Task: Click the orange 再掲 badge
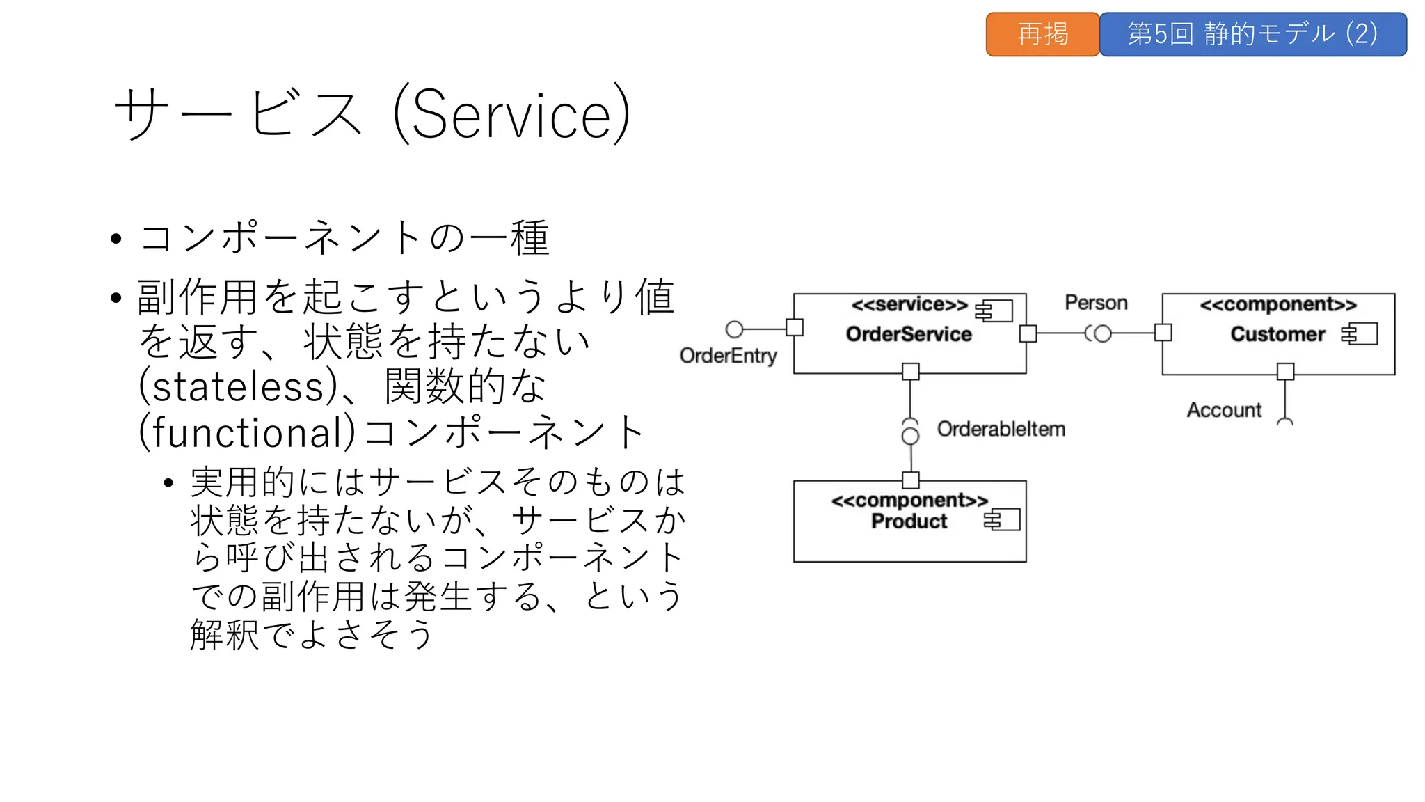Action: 1042,34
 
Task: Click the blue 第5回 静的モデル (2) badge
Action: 1252,34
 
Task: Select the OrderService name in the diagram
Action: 909,334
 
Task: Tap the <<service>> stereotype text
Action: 909,305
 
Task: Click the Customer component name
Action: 1277,334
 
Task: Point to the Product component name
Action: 909,521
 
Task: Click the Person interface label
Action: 1096,303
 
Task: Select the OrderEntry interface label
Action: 728,356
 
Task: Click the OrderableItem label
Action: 1001,429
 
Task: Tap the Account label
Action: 1224,410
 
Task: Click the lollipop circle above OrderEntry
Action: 734,329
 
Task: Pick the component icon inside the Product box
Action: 1002,519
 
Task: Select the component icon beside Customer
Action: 1360,334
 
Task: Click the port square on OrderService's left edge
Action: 795,327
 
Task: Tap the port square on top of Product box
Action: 910,480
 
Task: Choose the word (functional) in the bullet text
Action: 246,432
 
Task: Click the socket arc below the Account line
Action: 1285,422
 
